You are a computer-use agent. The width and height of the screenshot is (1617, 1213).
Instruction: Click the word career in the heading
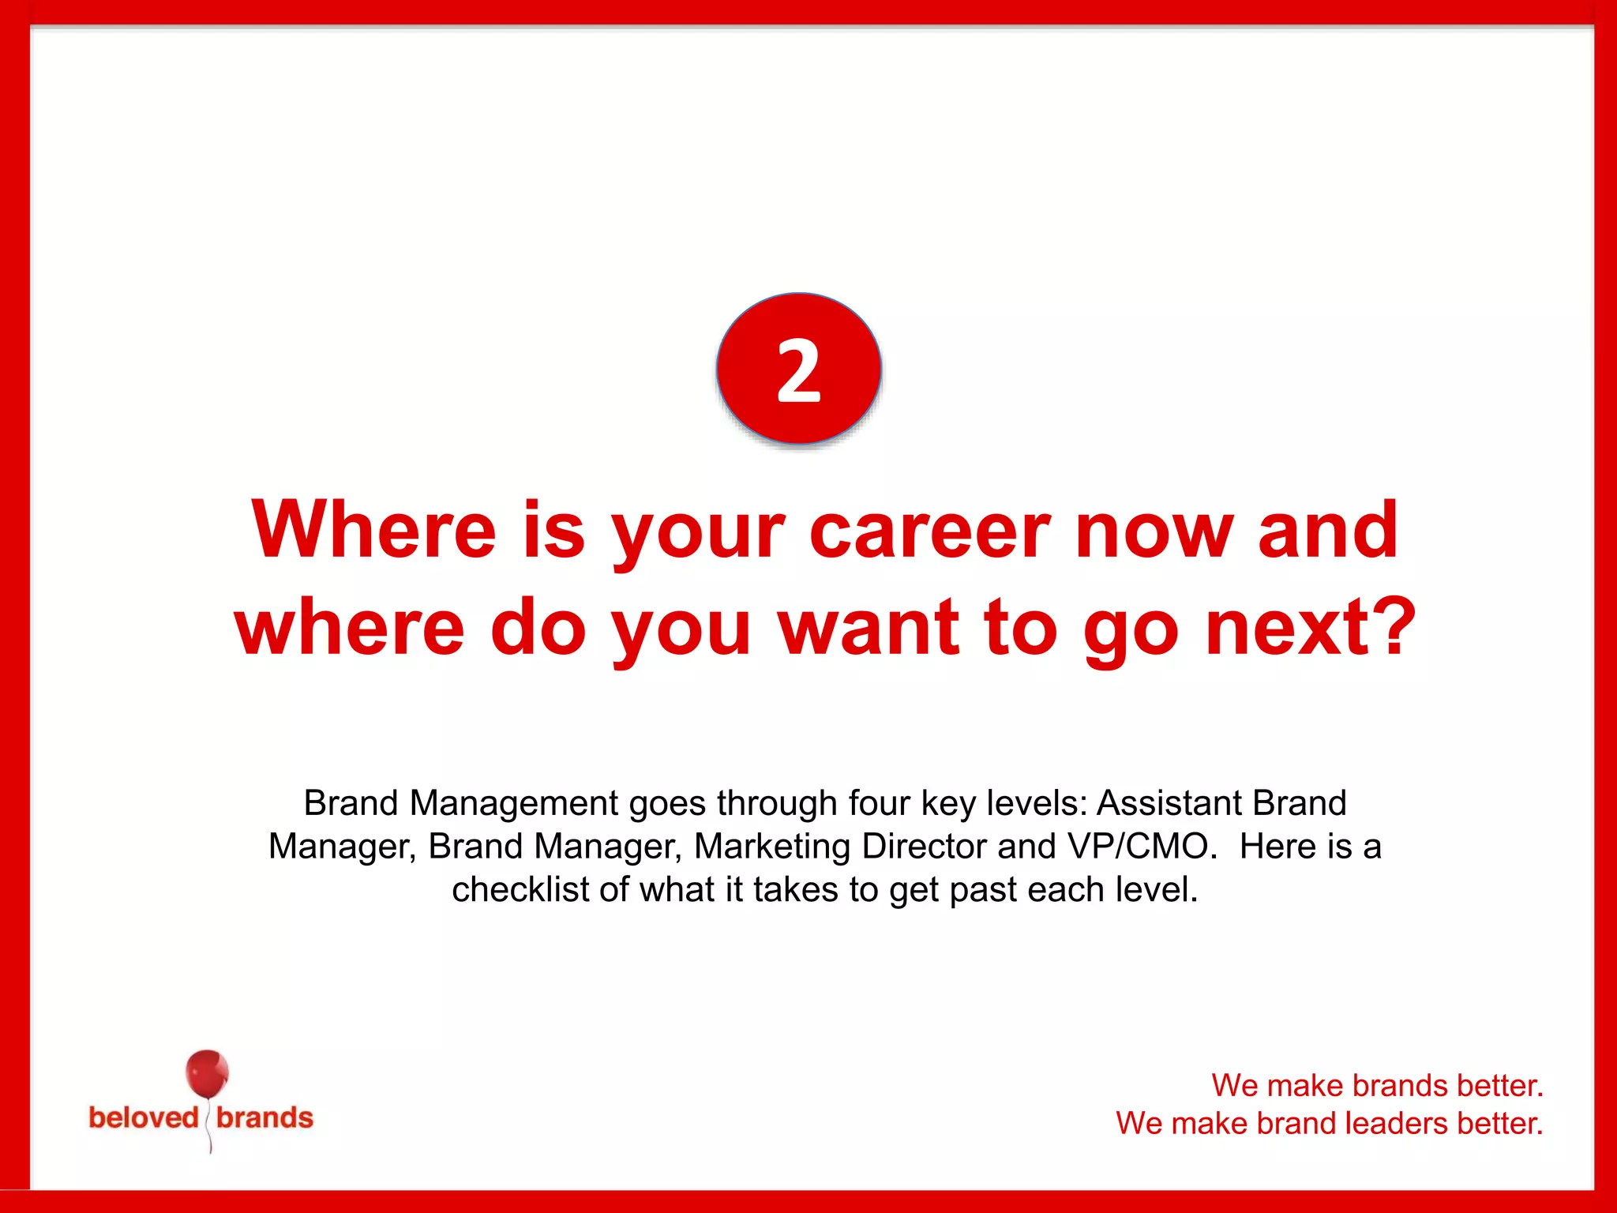tap(929, 531)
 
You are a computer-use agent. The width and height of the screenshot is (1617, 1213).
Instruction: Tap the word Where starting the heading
tap(373, 531)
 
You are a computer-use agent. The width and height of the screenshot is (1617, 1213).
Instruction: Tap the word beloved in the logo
tap(143, 1118)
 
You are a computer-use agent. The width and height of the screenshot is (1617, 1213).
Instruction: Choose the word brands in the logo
tap(264, 1118)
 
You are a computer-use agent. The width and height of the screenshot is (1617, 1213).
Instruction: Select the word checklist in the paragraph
tap(520, 890)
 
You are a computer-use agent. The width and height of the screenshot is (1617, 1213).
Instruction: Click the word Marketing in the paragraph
tap(772, 847)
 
